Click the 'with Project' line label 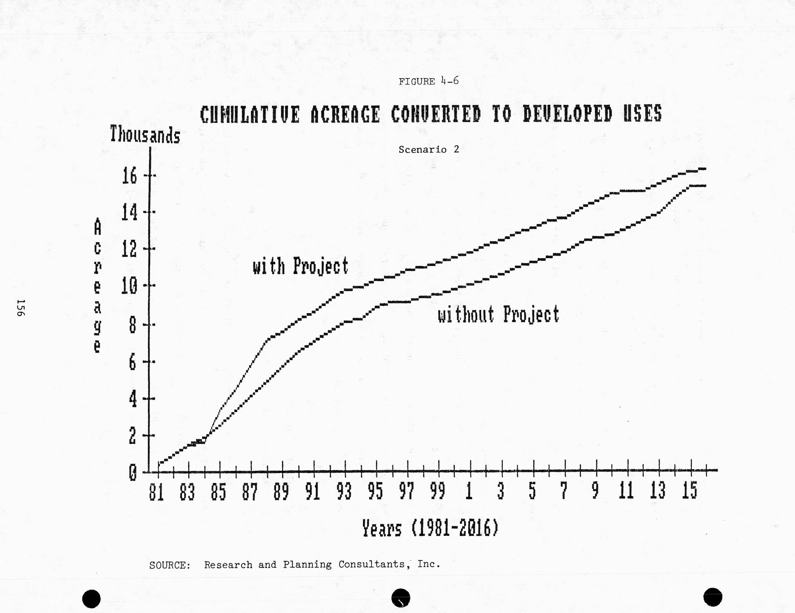point(301,266)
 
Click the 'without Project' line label point(498,314)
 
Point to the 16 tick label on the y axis point(130,176)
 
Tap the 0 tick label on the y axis point(133,473)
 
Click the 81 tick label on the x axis point(156,492)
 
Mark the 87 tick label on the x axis point(250,492)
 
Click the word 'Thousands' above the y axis point(145,135)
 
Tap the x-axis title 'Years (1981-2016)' point(430,529)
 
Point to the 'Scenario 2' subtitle point(429,150)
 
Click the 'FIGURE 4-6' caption point(428,81)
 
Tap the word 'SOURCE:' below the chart point(170,565)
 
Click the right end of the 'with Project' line point(704,169)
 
